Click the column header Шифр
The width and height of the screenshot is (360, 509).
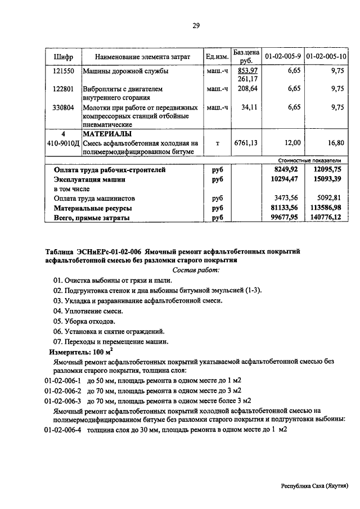(x=64, y=57)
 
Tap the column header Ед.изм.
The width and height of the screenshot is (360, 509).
(x=217, y=57)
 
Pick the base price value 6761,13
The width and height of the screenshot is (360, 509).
(x=246, y=143)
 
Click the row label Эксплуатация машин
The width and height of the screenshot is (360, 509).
(x=89, y=179)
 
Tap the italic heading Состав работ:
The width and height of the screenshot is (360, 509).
(x=196, y=270)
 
